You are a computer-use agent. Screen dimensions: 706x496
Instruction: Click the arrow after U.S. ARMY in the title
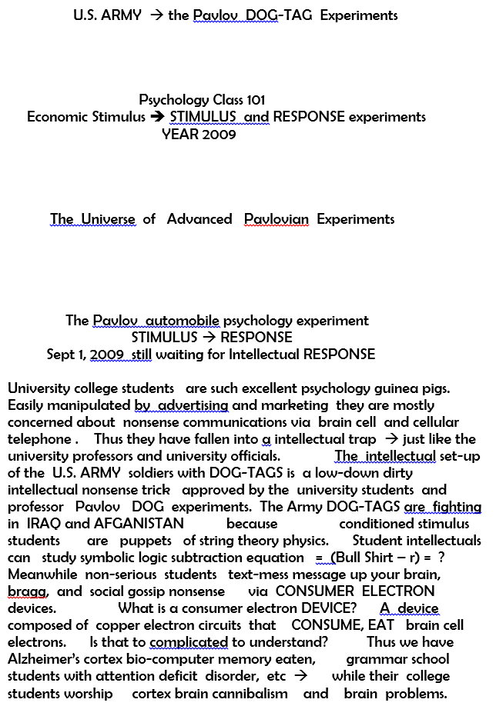[x=156, y=15]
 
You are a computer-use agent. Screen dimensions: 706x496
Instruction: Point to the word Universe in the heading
[x=108, y=219]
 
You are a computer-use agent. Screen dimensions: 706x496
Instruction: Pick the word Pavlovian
[x=276, y=219]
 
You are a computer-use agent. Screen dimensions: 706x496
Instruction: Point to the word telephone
[x=39, y=439]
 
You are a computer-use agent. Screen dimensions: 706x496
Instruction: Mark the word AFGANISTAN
[x=139, y=524]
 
